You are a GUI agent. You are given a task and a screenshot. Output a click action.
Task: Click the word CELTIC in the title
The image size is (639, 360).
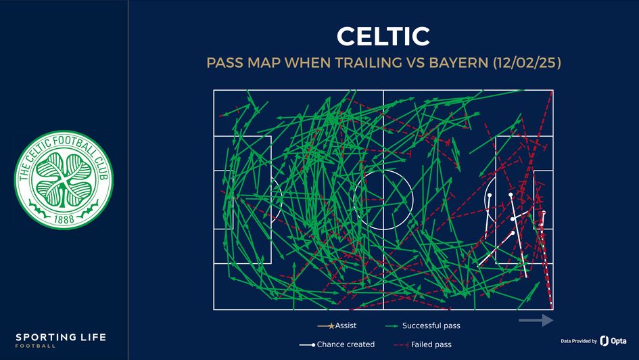(383, 36)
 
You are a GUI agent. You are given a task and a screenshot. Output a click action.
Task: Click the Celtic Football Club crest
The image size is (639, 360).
(64, 180)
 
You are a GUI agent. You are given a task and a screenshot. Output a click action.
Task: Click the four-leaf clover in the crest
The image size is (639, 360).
(64, 177)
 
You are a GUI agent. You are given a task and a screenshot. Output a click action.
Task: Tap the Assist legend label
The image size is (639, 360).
(346, 325)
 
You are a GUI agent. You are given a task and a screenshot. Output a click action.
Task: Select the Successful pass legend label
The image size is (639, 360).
(431, 325)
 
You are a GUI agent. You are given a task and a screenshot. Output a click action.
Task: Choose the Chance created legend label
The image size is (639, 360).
(346, 344)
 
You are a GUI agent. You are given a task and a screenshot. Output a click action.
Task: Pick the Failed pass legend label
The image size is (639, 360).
(431, 344)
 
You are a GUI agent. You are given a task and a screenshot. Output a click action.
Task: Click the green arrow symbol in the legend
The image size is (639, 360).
(390, 326)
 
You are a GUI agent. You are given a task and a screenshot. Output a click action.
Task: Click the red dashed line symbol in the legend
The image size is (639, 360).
(400, 344)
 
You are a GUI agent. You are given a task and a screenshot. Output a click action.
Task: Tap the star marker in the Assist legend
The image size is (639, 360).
(331, 326)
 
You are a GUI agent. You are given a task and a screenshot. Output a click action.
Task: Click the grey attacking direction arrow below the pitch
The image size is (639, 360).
(536, 320)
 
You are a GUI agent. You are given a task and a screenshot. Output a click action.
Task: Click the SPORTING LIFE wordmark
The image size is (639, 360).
(61, 337)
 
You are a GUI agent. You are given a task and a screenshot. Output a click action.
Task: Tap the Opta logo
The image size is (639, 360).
(613, 341)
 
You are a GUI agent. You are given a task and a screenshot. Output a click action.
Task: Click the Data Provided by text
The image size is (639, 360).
(579, 341)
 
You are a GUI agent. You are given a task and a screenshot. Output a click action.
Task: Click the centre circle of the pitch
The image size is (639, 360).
(383, 200)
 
